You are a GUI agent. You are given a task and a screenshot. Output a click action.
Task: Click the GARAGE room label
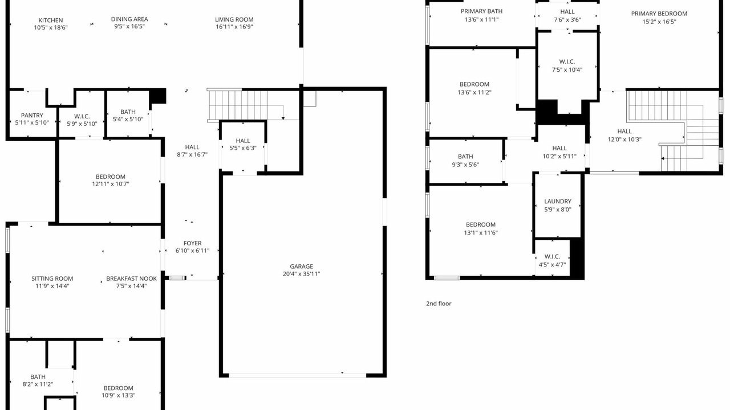pyautogui.click(x=302, y=266)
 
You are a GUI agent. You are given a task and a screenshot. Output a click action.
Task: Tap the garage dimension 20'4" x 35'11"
pyautogui.click(x=302, y=274)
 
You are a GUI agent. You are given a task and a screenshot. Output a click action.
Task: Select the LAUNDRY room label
pyautogui.click(x=558, y=202)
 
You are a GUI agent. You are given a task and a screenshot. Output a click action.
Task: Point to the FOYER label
pyautogui.click(x=192, y=243)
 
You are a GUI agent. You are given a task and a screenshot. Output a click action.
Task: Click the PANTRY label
pyautogui.click(x=32, y=116)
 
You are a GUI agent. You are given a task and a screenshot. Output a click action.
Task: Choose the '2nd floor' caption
pyautogui.click(x=439, y=304)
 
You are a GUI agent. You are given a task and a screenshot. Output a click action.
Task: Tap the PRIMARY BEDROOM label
pyautogui.click(x=659, y=14)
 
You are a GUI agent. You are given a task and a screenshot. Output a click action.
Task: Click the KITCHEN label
pyautogui.click(x=51, y=20)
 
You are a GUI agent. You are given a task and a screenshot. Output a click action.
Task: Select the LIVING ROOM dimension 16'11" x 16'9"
pyautogui.click(x=234, y=27)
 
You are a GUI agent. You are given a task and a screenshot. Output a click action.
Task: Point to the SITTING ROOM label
pyautogui.click(x=52, y=278)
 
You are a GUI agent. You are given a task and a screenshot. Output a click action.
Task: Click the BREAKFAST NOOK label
pyautogui.click(x=131, y=279)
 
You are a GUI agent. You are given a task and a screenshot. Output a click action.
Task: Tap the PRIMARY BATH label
pyautogui.click(x=482, y=11)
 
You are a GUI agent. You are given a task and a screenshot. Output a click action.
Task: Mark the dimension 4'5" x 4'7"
pyautogui.click(x=552, y=265)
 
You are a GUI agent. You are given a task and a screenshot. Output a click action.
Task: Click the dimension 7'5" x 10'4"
pyautogui.click(x=567, y=70)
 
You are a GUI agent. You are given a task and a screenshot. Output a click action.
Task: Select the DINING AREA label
pyautogui.click(x=129, y=19)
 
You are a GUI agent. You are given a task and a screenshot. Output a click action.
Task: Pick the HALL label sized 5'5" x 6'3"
pyautogui.click(x=243, y=141)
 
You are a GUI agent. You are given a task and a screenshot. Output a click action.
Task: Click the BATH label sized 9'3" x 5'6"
pyautogui.click(x=465, y=157)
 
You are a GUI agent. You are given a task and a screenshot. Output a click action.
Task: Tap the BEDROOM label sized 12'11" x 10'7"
pyautogui.click(x=111, y=177)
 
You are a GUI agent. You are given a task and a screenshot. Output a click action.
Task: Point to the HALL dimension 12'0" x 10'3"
pyautogui.click(x=624, y=140)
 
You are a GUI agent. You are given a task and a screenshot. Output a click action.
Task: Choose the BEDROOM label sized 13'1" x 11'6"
pyautogui.click(x=481, y=225)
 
